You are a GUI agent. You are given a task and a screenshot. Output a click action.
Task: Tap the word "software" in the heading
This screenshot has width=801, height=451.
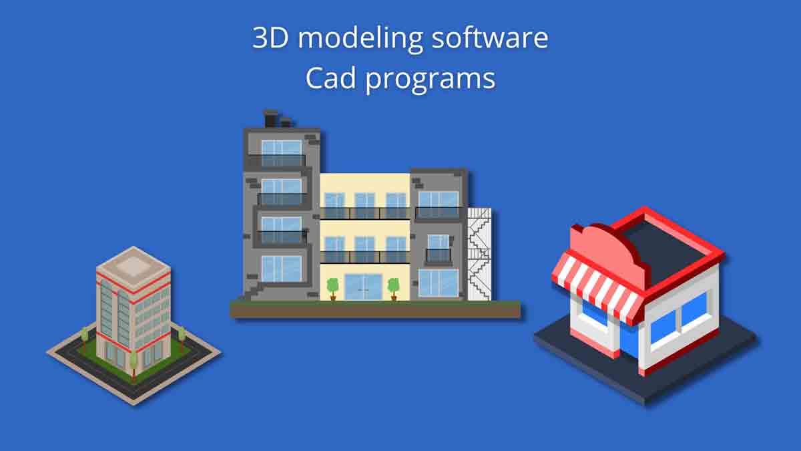click(x=489, y=39)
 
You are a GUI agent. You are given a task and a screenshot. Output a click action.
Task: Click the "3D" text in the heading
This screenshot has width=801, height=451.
click(x=271, y=38)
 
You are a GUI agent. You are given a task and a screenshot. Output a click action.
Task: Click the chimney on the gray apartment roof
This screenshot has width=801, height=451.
click(x=271, y=119)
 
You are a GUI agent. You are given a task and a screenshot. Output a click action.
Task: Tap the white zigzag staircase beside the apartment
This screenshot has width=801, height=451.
click(x=480, y=254)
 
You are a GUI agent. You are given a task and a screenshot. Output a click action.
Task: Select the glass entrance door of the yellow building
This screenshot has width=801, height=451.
click(x=363, y=287)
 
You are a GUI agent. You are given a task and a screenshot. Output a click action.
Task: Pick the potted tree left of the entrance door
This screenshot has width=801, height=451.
click(x=332, y=288)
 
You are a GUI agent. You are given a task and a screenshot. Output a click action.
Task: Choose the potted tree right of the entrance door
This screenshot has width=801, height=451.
click(x=394, y=288)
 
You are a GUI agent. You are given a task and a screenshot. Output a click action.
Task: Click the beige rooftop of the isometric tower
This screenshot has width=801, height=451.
click(x=133, y=265)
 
